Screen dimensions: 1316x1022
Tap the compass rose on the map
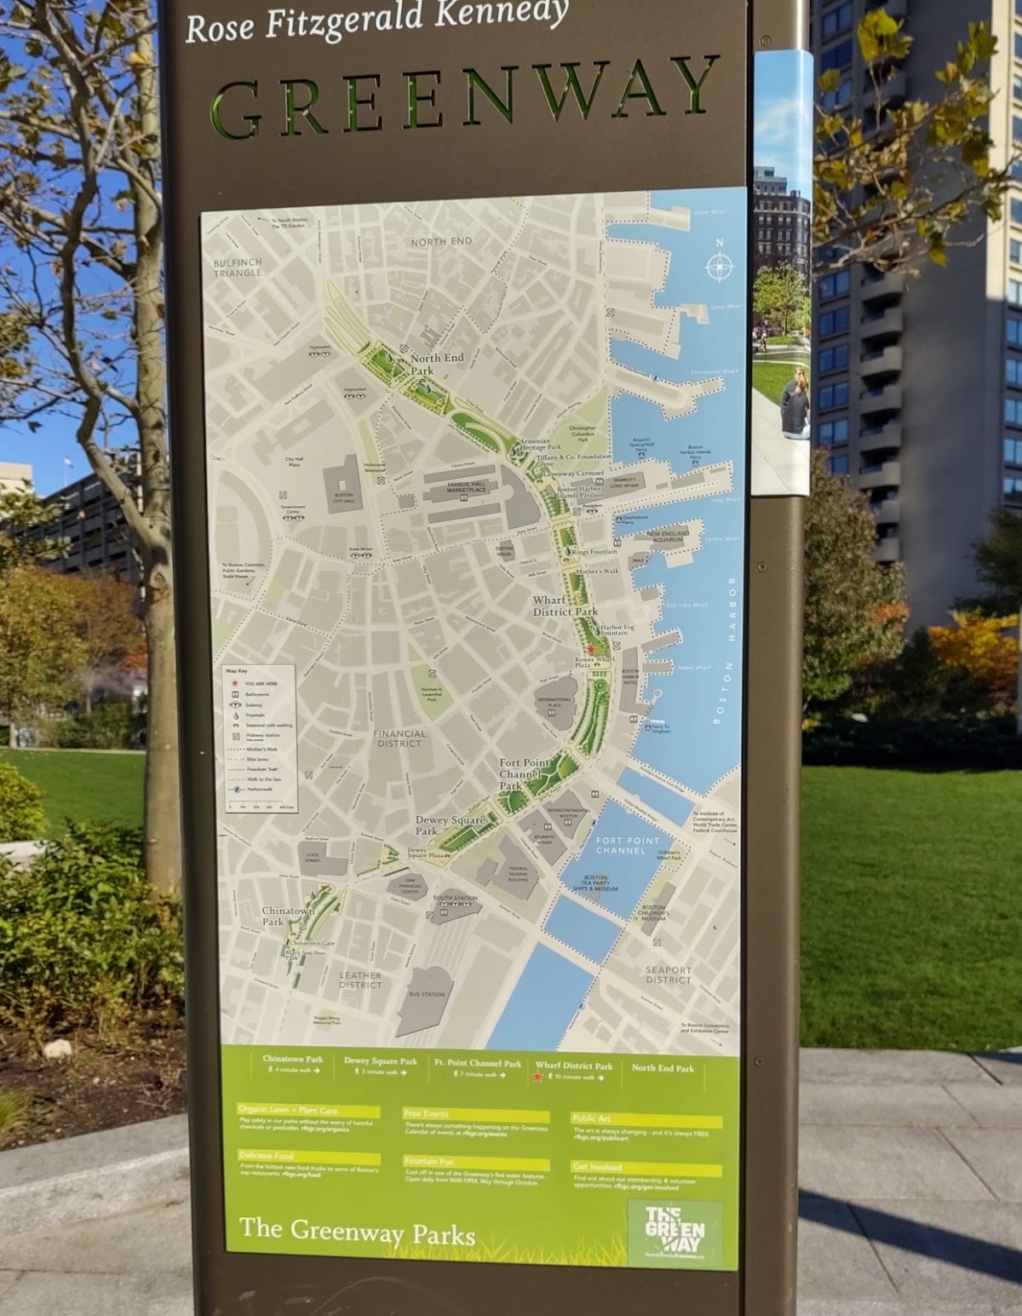[x=720, y=266]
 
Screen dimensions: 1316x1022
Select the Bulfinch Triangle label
[x=238, y=267]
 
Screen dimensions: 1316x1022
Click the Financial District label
[x=399, y=738]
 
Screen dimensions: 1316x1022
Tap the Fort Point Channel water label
[x=628, y=845]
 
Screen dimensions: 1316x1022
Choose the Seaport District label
[x=668, y=974]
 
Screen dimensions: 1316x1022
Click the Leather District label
[x=360, y=980]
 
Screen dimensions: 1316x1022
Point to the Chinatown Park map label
[x=288, y=916]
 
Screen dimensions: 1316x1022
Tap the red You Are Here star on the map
[x=591, y=649]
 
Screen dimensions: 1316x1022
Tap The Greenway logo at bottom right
[x=675, y=1234]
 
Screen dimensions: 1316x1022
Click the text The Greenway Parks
[x=357, y=1230]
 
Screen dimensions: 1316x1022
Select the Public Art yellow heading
[x=593, y=1118]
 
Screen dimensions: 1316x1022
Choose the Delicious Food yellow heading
[x=267, y=1156]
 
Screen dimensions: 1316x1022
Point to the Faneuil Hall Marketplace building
[x=467, y=488]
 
